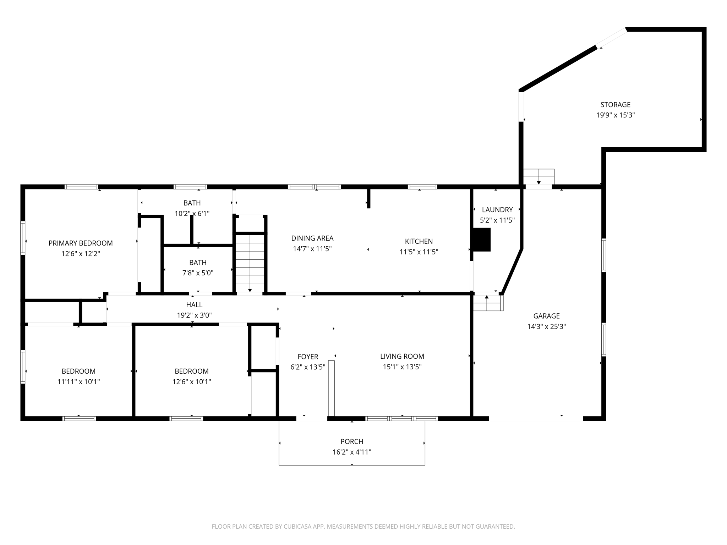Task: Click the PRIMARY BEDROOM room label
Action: coord(81,243)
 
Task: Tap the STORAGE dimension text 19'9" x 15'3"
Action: coord(615,115)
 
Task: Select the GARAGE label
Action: coord(546,316)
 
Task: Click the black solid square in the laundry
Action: coord(482,240)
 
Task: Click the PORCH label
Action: coord(352,441)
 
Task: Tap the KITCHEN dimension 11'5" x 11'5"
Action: coord(419,252)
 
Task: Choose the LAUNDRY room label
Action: coord(497,210)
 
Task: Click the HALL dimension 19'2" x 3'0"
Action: coord(194,315)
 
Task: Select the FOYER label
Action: coord(308,357)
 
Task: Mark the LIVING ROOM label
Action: coord(402,356)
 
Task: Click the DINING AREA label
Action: coord(312,238)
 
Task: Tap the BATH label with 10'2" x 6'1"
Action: coord(192,203)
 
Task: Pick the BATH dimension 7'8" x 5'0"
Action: coord(198,273)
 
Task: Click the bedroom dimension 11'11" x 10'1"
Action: coord(78,382)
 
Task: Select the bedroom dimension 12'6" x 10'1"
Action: coord(192,382)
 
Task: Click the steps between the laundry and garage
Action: coord(488,303)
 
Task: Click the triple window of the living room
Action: coord(401,419)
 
